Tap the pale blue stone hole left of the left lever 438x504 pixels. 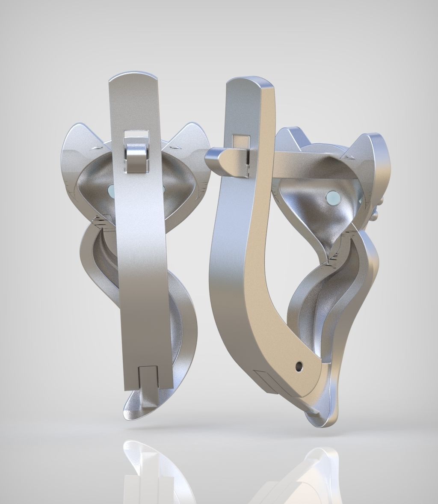[112, 190]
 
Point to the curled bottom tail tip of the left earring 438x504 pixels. [128, 412]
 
